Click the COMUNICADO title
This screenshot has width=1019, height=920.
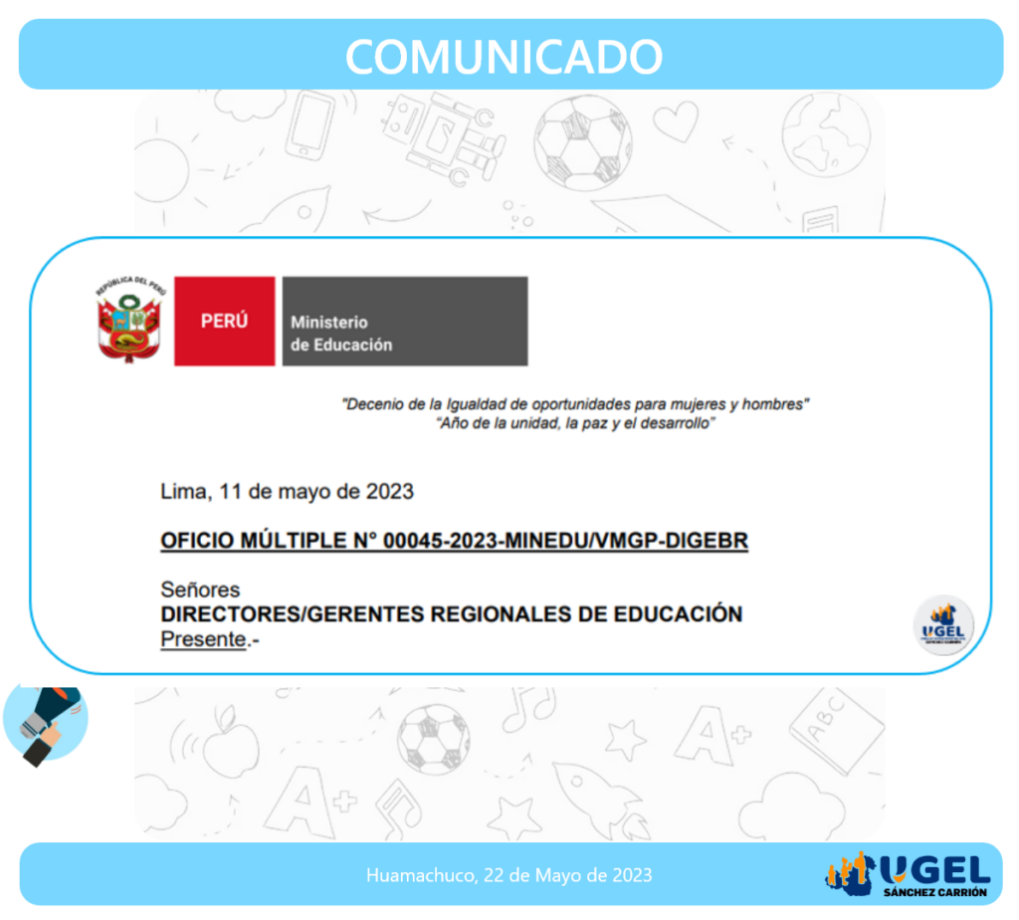pos(504,57)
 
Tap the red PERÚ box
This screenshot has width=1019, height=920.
pos(224,322)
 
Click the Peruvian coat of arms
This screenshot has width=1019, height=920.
pos(129,319)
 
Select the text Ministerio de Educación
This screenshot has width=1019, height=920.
pos(341,334)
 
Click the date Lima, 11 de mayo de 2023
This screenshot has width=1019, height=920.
pos(287,492)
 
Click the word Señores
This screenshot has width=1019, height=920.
pos(200,589)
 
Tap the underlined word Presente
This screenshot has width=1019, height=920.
pos(203,640)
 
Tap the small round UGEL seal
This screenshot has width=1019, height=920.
pos(943,625)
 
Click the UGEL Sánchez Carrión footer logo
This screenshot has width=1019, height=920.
pos(908,875)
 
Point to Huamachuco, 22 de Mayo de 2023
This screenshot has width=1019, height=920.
pos(509,875)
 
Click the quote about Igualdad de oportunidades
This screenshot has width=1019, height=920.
pos(575,404)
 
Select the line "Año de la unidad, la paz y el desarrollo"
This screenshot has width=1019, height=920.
pos(575,424)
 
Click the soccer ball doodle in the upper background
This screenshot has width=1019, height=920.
pos(583,143)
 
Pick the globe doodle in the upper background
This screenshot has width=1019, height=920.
pos(826,134)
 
